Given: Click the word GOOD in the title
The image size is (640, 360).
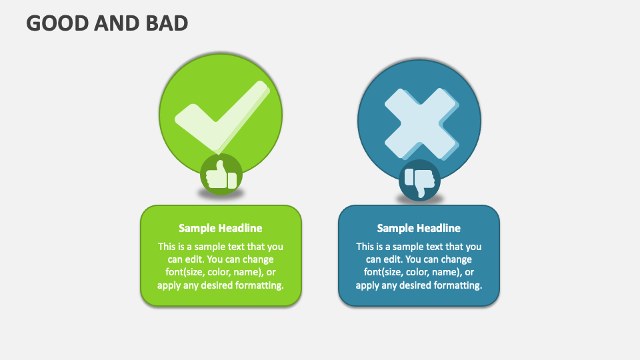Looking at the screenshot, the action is click(x=57, y=23).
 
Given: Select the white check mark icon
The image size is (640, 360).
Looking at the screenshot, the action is click(x=222, y=117).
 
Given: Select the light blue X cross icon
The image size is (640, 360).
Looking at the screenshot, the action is click(x=421, y=124).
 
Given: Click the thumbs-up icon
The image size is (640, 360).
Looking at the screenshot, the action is click(x=221, y=175).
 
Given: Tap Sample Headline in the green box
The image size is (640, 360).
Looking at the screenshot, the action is click(x=221, y=228).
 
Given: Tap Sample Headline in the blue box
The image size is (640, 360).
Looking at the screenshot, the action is click(x=419, y=228).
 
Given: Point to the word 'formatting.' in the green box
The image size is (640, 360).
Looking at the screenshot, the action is click(x=259, y=285).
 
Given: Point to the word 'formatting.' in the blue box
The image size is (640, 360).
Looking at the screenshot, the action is click(x=457, y=285).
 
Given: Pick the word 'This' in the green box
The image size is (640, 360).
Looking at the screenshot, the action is click(x=167, y=247).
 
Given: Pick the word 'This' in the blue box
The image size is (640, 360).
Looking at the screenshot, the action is click(x=365, y=247).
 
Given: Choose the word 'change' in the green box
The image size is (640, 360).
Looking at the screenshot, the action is click(x=257, y=259).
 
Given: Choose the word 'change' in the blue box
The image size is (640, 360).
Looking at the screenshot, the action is click(x=456, y=259).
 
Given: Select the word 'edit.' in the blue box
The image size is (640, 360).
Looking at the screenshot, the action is click(x=393, y=259).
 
